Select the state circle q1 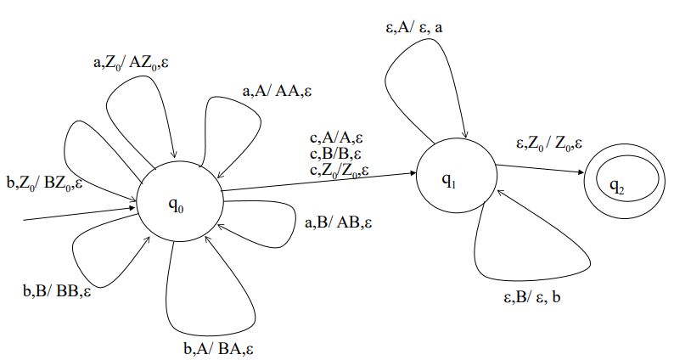456,178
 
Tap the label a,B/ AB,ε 338,223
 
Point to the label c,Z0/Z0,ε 339,170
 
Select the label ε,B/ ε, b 529,298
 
